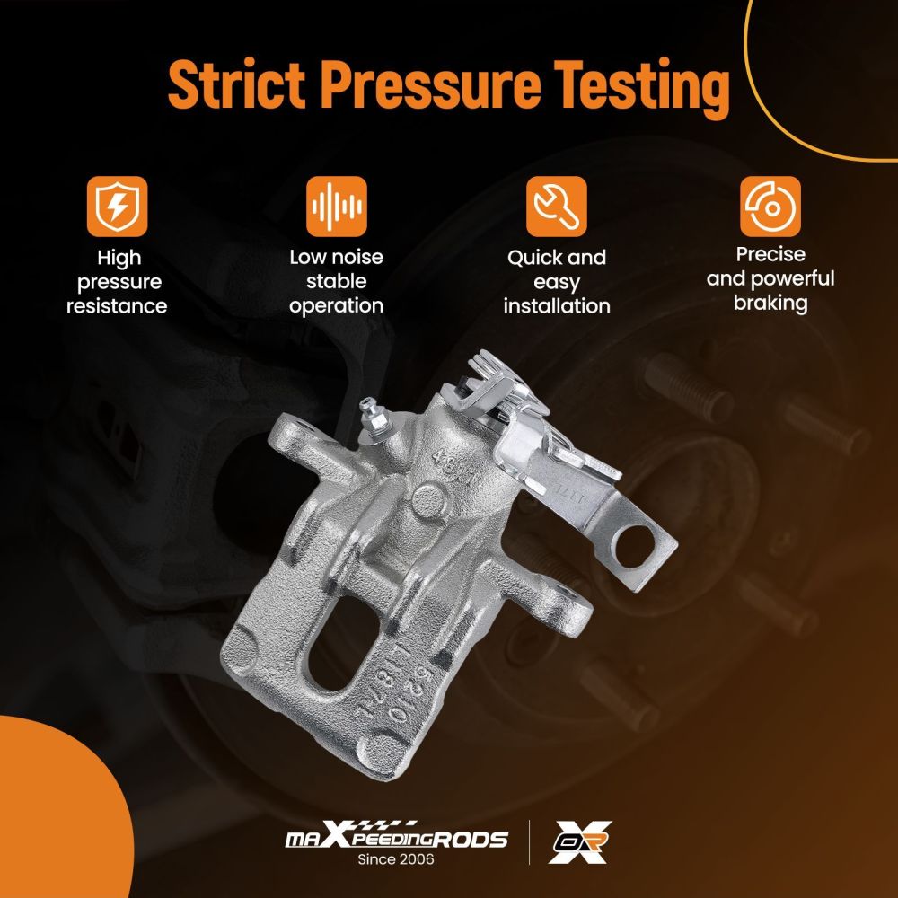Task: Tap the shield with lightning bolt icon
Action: (117, 206)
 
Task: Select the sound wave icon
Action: (337, 206)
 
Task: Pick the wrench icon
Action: (556, 206)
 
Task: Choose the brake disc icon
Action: (770, 206)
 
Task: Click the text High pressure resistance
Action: (117, 282)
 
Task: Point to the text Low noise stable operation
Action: (337, 281)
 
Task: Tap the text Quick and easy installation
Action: (557, 281)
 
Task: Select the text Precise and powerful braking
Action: (770, 278)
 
